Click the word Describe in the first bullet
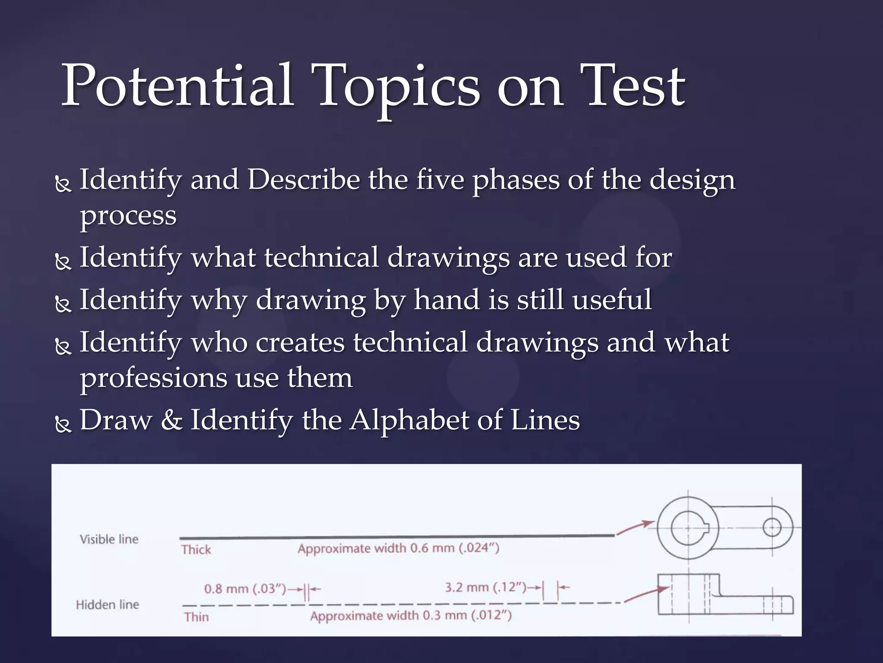click(x=304, y=180)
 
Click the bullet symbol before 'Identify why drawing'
click(x=63, y=305)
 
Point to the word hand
click(x=447, y=300)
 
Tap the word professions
click(x=153, y=378)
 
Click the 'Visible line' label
click(x=109, y=539)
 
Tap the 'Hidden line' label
click(x=107, y=605)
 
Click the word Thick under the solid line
click(x=196, y=550)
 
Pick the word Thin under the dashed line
click(x=196, y=617)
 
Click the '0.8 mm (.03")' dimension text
click(x=245, y=589)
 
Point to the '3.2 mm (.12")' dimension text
click(x=485, y=587)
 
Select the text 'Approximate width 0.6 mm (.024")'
click(x=398, y=549)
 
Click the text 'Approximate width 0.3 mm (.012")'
click(x=411, y=616)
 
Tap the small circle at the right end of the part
click(x=772, y=527)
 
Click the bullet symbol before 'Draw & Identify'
click(x=63, y=425)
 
